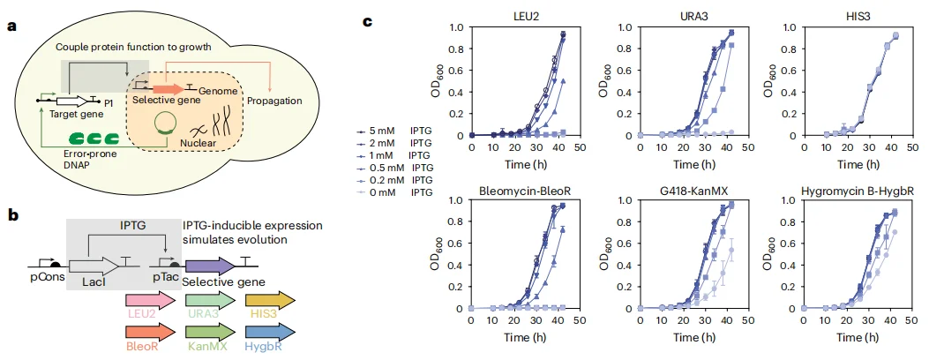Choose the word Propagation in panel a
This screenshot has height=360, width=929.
click(274, 101)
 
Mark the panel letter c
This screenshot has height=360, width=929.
click(367, 19)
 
